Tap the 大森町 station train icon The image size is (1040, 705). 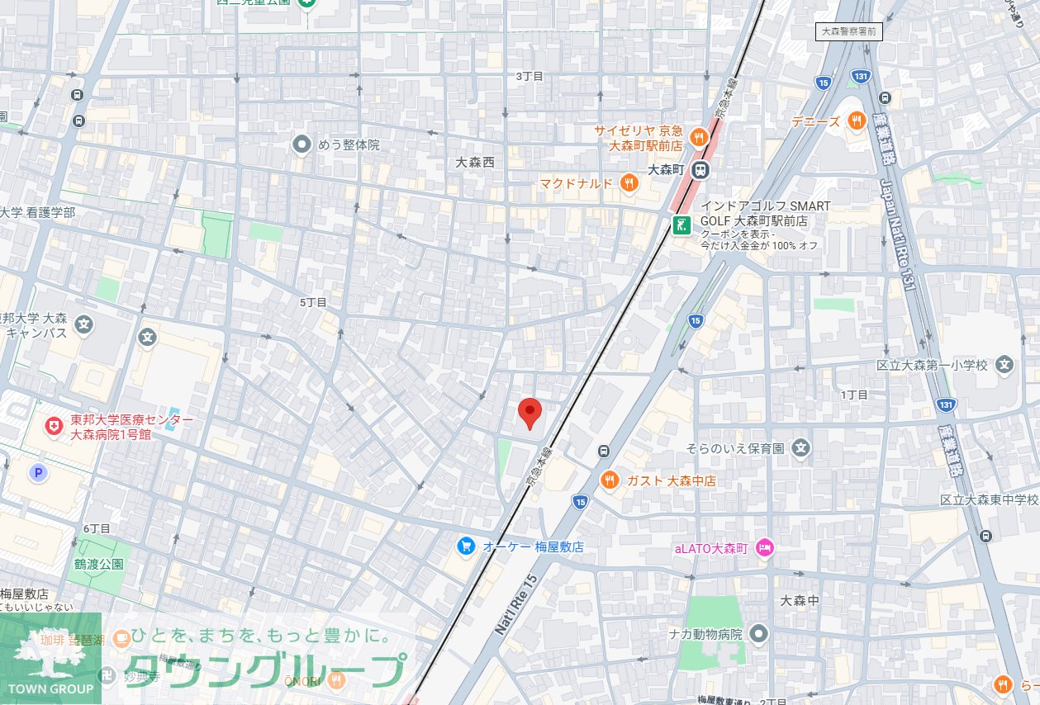[700, 170]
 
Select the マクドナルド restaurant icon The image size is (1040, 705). [629, 183]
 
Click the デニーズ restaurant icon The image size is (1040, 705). [856, 121]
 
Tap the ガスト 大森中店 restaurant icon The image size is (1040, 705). [610, 480]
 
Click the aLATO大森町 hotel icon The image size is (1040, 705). [764, 547]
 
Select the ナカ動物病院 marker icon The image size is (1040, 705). [760, 634]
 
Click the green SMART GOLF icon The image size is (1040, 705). [681, 225]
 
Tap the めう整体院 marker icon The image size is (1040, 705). [302, 144]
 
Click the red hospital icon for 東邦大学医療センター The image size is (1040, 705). [54, 426]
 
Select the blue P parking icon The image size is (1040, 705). [37, 473]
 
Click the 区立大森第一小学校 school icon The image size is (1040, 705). [1004, 364]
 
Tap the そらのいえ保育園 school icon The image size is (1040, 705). [800, 448]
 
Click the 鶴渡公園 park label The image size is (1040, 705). [98, 565]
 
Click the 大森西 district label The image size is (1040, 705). [475, 163]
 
